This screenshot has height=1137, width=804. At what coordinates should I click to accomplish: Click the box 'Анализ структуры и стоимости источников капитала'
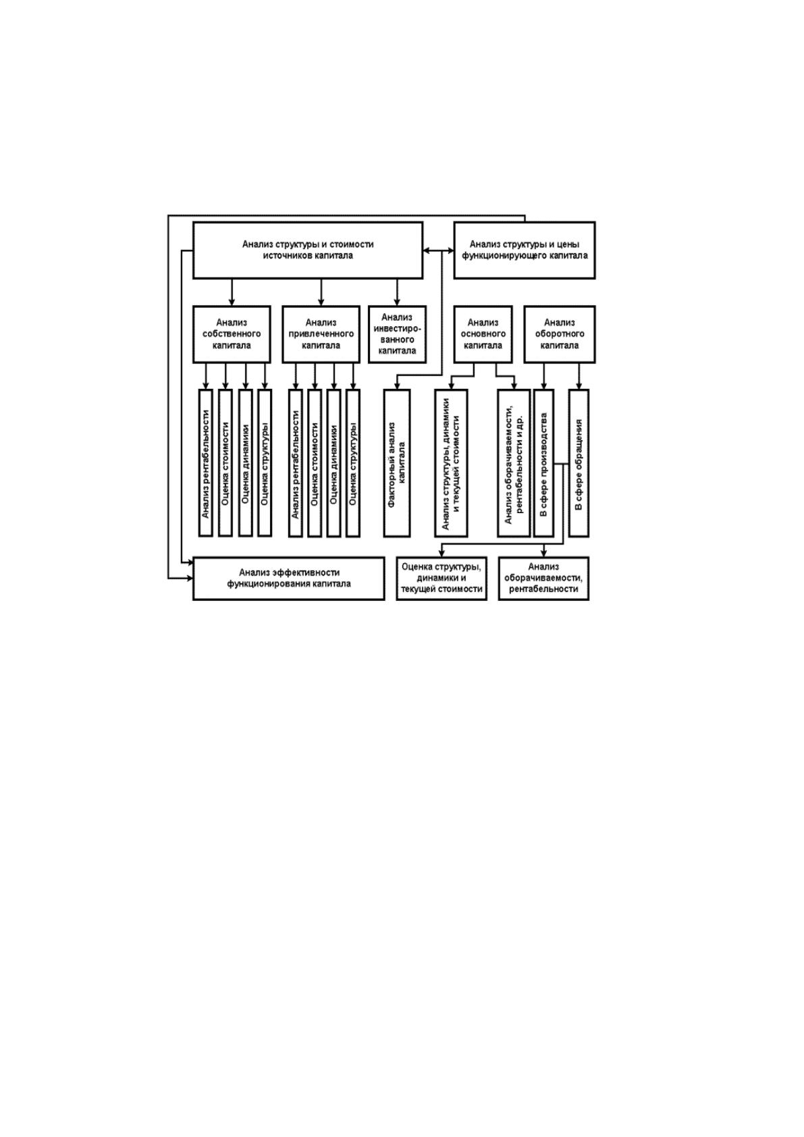(308, 250)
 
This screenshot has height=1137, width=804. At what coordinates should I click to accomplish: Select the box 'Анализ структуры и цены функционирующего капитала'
(525, 250)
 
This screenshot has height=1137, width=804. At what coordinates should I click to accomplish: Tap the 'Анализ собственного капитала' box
(232, 334)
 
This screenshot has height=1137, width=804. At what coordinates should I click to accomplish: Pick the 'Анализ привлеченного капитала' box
(321, 334)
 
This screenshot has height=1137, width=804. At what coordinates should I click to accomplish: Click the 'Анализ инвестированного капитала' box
(397, 334)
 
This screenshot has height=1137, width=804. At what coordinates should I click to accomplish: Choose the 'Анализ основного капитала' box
(483, 334)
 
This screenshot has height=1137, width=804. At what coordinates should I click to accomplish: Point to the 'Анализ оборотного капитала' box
(560, 334)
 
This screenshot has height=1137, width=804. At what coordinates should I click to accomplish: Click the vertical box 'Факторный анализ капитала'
(397, 463)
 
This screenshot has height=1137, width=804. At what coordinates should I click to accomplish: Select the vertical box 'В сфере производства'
(543, 463)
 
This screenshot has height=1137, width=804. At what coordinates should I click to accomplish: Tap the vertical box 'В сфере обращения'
(579, 463)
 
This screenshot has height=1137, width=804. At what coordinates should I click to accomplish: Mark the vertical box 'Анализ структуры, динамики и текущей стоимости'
(451, 463)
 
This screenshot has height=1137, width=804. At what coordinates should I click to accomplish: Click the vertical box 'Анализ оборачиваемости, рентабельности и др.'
(514, 463)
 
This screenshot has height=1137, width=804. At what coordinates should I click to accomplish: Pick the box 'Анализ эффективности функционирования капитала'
(288, 578)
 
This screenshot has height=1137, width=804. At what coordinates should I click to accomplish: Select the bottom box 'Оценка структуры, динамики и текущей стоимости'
(441, 578)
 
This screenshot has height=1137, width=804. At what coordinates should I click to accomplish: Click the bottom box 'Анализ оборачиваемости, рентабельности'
(543, 578)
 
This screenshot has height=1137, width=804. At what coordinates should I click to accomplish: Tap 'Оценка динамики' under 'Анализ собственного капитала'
(245, 463)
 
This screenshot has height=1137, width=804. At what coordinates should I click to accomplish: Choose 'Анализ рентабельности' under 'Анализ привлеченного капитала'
(296, 463)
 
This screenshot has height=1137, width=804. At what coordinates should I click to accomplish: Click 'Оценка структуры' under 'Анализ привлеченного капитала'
(353, 463)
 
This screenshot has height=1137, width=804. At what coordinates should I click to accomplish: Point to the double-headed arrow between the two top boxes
(438, 250)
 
